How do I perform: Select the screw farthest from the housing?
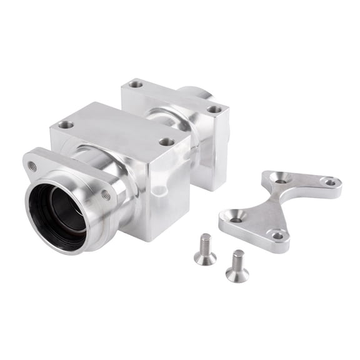[x=237, y=266]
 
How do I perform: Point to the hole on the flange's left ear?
[x=32, y=166]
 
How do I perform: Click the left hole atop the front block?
[x=66, y=125]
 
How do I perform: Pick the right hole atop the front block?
[x=166, y=141]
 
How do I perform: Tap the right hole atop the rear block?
[x=214, y=109]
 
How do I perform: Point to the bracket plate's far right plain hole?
[x=329, y=182]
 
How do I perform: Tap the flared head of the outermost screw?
[x=237, y=274]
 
